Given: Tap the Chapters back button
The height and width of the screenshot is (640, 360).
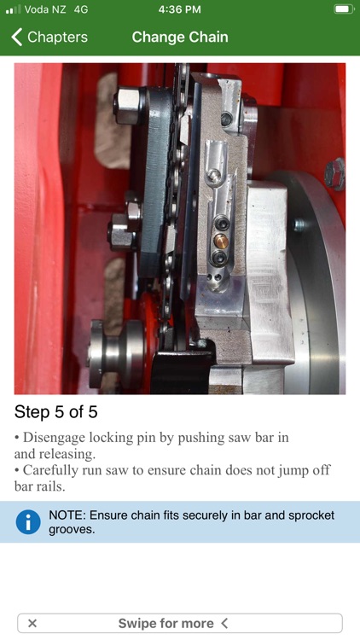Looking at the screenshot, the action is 49,38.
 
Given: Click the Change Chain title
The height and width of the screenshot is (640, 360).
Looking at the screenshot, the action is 180,38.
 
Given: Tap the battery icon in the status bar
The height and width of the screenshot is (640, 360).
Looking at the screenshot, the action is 344,9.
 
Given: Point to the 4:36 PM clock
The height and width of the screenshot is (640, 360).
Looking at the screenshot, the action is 180,9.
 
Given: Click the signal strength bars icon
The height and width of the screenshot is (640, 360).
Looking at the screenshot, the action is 13,9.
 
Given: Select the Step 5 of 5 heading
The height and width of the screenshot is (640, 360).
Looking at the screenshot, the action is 56,412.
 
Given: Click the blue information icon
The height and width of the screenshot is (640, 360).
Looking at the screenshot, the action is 28,521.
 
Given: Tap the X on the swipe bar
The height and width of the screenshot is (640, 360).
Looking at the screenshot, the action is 32,623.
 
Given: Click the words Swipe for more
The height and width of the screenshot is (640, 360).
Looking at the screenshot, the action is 165,623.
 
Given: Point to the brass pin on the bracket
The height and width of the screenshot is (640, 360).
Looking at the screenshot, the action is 221,242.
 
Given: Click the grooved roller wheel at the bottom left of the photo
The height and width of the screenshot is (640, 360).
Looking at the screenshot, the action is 117,353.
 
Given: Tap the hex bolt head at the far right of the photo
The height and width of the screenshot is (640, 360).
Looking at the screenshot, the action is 334,174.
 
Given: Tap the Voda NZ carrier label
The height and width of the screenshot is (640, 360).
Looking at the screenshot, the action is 45,9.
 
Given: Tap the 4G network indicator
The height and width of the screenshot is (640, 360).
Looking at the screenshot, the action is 81,9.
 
